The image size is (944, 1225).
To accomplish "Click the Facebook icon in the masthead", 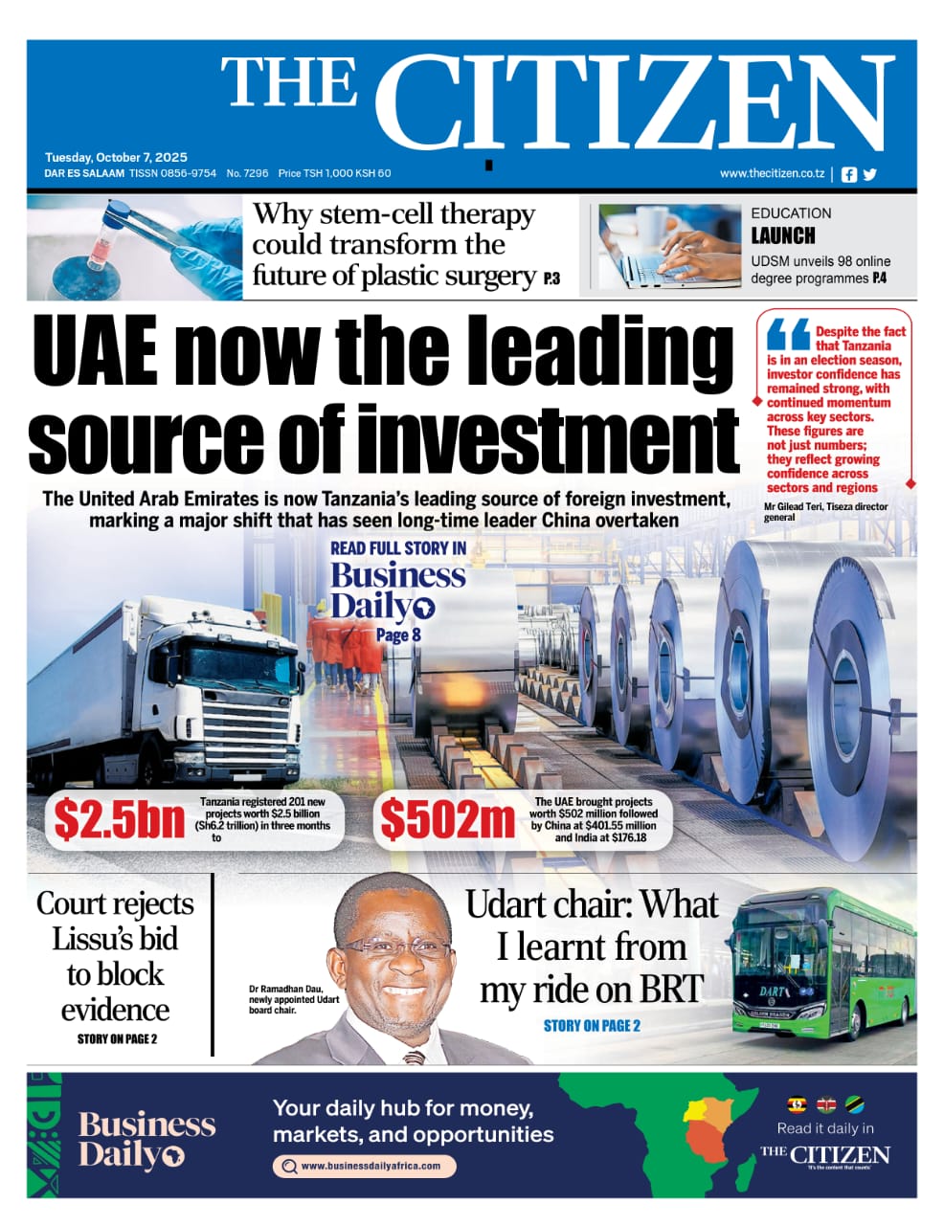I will pos(849,174).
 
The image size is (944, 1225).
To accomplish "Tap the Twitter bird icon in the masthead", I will pos(869,174).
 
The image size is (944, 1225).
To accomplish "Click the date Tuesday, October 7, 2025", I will pos(116,157).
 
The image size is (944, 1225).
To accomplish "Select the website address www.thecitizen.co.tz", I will pos(772,173).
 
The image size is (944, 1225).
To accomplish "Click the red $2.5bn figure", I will pos(119,820).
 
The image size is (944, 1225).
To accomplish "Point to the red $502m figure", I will pos(447,820).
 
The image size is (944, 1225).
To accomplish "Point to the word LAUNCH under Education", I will pos(782,235).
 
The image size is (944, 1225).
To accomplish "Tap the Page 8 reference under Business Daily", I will pos(398,635).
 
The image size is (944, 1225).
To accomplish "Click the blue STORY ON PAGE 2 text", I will pos(592,1026).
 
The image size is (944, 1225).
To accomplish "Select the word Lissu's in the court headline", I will pos(115,939).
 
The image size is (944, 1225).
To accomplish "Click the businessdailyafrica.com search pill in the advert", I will pos(364,1166).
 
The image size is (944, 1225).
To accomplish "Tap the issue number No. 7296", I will pos(247,173).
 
